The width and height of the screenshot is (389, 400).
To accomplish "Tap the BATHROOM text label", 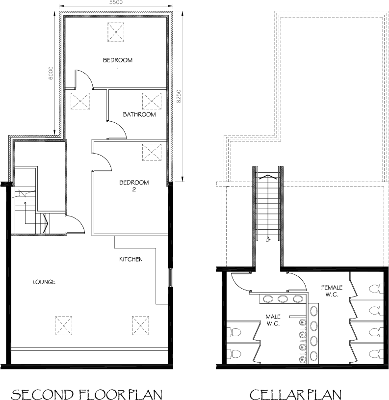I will click(x=139, y=115).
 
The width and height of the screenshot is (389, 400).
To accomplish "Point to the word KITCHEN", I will click(x=130, y=259).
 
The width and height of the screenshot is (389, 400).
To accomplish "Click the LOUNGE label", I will click(x=44, y=282).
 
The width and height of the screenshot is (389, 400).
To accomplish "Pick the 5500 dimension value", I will click(x=115, y=3).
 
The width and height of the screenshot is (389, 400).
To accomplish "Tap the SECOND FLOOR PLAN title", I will click(x=86, y=394).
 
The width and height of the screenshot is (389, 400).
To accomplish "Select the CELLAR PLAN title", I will click(x=295, y=394).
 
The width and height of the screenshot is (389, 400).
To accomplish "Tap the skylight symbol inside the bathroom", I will click(x=151, y=101).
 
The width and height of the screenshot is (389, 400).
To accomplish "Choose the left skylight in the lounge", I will click(x=64, y=324).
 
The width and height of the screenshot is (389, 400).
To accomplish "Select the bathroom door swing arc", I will click(x=118, y=129).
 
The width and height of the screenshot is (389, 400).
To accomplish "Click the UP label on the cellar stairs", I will click(x=268, y=240).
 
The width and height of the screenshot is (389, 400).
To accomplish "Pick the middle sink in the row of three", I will click(x=283, y=299).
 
